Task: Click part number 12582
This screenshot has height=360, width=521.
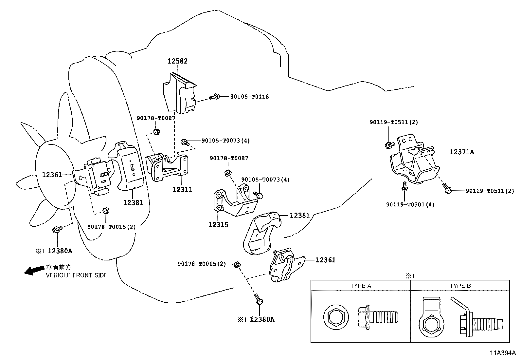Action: pyautogui.click(x=178, y=61)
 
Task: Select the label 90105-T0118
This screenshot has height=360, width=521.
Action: pyautogui.click(x=249, y=97)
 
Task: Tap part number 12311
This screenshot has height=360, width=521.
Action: pyautogui.click(x=182, y=189)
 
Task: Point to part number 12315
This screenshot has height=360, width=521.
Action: pyautogui.click(x=219, y=225)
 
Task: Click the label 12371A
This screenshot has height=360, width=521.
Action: pyautogui.click(x=462, y=152)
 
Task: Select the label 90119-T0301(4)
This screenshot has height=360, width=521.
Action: pyautogui.click(x=410, y=205)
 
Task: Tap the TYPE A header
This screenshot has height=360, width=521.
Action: pyautogui.click(x=361, y=286)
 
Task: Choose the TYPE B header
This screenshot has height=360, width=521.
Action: pyautogui.click(x=460, y=286)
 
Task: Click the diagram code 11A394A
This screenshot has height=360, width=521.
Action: pyautogui.click(x=503, y=353)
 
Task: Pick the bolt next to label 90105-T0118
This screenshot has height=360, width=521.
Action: pyautogui.click(x=215, y=97)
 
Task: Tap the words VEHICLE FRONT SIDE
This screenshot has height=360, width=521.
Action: pyautogui.click(x=77, y=275)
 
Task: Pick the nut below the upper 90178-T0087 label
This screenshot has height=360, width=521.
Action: pyautogui.click(x=156, y=132)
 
